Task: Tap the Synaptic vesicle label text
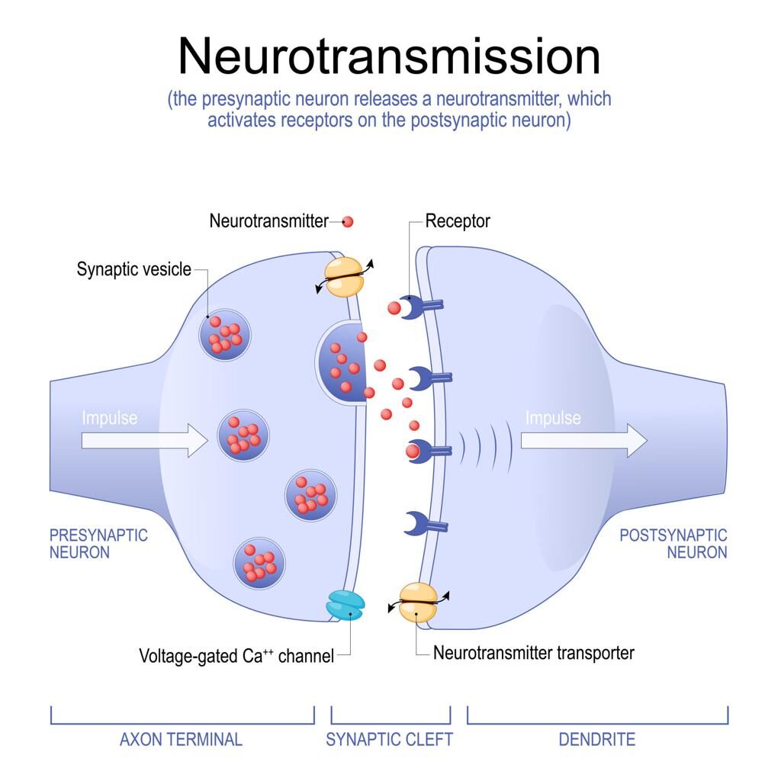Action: (x=134, y=269)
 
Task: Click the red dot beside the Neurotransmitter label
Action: (x=348, y=222)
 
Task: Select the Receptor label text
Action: (x=458, y=221)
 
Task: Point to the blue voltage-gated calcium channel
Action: (x=346, y=603)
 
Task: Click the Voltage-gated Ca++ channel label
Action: (x=236, y=656)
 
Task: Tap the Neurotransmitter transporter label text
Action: (x=534, y=653)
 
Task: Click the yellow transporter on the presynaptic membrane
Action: (x=345, y=275)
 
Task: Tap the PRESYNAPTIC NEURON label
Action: (x=98, y=543)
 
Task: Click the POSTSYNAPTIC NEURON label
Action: (x=673, y=543)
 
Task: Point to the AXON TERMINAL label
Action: (x=182, y=739)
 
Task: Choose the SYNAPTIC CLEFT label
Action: (x=390, y=739)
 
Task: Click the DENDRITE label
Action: (x=597, y=739)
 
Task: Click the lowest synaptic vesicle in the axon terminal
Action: (x=259, y=563)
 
